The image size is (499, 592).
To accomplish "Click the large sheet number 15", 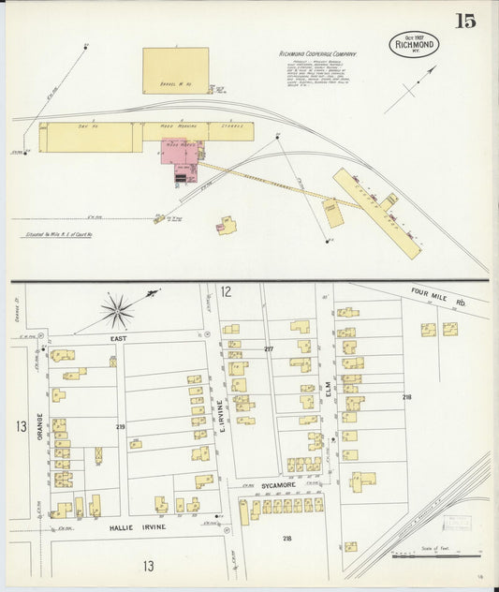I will pos(465,22).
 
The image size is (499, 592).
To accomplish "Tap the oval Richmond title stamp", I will pos(414,44).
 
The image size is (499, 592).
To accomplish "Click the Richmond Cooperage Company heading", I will pos(318,54).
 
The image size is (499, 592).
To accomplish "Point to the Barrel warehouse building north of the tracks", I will pos(175,71).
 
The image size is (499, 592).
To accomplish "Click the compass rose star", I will pos(118,310).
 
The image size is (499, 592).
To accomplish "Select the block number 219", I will pos(121,426).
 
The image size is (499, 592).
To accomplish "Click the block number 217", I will pos(269,349).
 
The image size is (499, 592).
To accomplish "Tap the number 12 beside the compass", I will pos(226,293).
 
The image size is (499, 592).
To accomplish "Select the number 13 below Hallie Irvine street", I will pos(147,566).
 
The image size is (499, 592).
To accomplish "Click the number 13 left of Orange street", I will pos(20,427).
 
